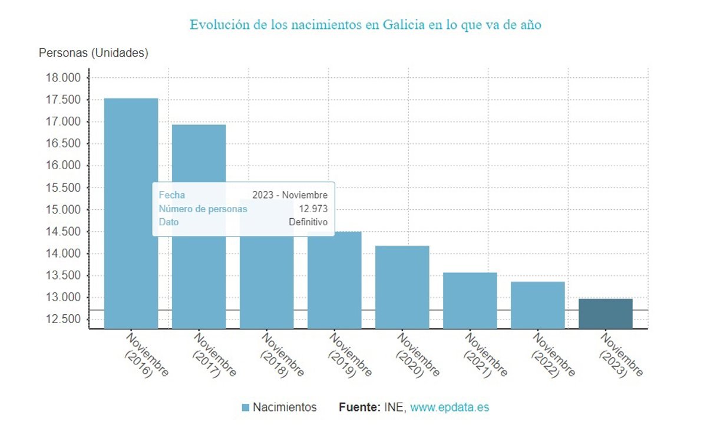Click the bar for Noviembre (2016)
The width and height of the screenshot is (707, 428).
pyautogui.click(x=131, y=213)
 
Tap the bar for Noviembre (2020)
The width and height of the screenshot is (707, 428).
pyautogui.click(x=402, y=287)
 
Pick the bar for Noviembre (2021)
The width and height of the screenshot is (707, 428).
pyautogui.click(x=470, y=300)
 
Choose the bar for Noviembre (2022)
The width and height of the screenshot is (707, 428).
pyautogui.click(x=538, y=305)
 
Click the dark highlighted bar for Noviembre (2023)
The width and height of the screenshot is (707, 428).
pyautogui.click(x=606, y=314)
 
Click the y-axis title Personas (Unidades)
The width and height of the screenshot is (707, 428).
pyautogui.click(x=94, y=53)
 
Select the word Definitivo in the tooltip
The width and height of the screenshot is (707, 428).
pyautogui.click(x=308, y=222)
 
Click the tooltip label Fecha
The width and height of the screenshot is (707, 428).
pyautogui.click(x=171, y=195)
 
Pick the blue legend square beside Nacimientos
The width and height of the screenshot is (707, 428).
pyautogui.click(x=246, y=407)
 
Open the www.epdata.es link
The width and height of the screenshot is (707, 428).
pyautogui.click(x=450, y=407)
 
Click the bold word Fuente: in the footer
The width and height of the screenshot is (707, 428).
pyautogui.click(x=359, y=407)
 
